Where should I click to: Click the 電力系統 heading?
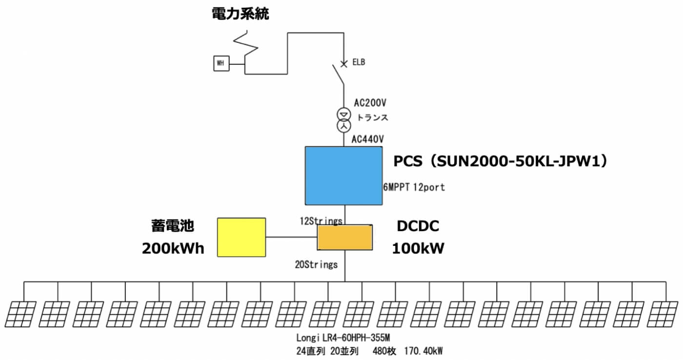(x=241, y=14)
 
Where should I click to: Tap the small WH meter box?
(x=221, y=63)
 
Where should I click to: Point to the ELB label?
(x=359, y=62)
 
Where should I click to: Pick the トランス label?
(x=372, y=118)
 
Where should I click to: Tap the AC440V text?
(x=368, y=139)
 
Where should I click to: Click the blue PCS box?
(x=343, y=175)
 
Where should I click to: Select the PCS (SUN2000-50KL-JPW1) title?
(x=503, y=161)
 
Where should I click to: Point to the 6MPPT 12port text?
(x=414, y=187)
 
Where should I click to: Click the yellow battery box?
(x=241, y=237)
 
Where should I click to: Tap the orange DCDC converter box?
(x=344, y=238)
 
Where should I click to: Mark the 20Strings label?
(x=316, y=265)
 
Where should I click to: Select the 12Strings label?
(x=321, y=221)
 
